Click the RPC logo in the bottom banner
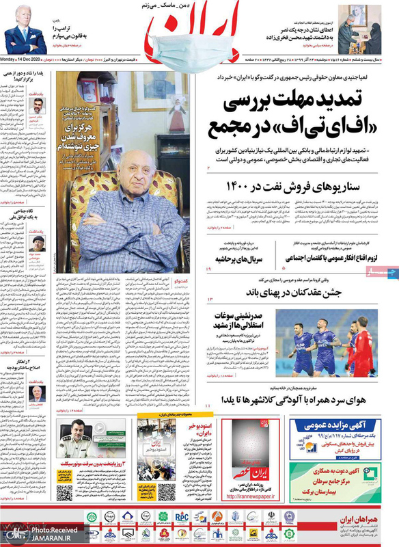pos(181,516)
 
